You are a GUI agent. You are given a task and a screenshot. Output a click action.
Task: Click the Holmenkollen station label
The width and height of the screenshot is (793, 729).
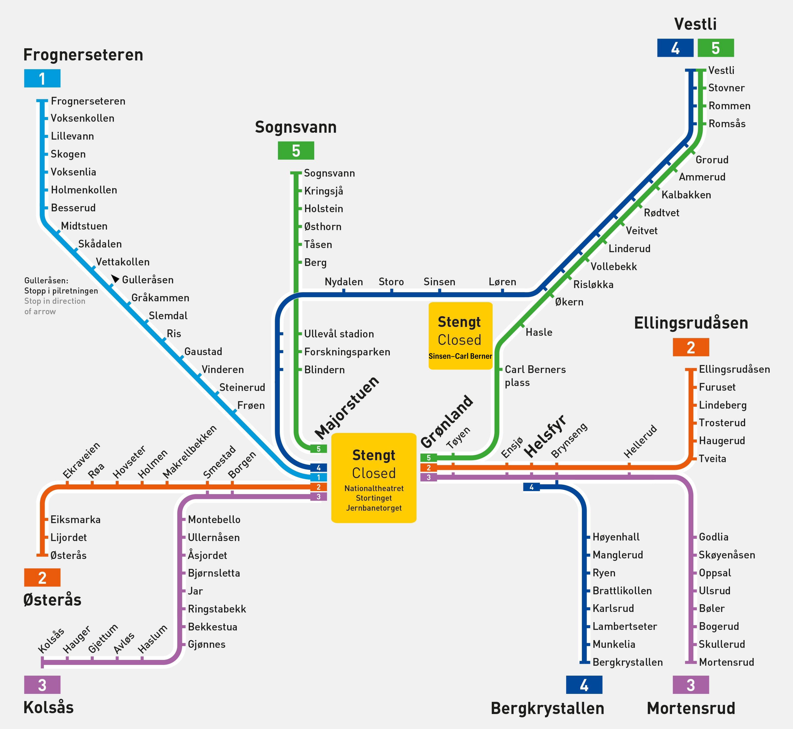(84, 190)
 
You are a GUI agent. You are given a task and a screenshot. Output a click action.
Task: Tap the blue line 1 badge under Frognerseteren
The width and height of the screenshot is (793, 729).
(42, 78)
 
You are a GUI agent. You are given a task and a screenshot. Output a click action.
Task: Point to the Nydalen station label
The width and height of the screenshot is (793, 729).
(344, 282)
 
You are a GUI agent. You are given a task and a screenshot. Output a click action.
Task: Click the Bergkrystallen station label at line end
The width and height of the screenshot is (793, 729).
(627, 662)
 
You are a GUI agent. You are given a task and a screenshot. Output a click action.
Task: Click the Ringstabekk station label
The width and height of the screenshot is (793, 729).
(217, 609)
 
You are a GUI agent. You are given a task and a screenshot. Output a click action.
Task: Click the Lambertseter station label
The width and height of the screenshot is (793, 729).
(625, 626)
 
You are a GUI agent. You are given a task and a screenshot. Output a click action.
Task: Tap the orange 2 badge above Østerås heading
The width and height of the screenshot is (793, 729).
(42, 578)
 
